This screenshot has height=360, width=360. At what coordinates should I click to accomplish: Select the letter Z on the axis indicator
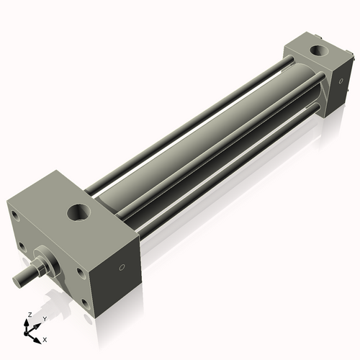coord(28,315)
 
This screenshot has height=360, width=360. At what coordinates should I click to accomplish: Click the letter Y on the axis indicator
coord(44,318)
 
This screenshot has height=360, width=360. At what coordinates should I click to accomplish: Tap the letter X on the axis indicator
coord(45,338)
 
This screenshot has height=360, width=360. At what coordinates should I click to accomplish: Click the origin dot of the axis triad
coord(29,332)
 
